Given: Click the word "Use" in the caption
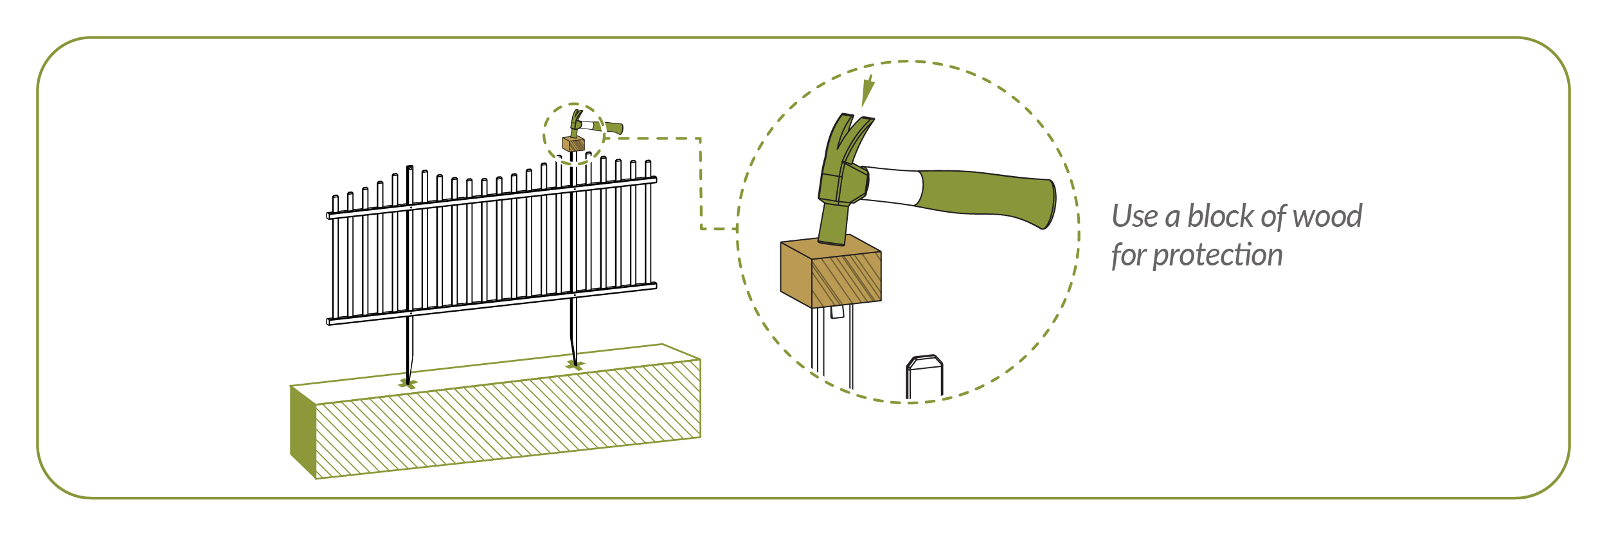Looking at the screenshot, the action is click(1135, 217).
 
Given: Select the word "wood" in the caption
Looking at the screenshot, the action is click(1327, 216).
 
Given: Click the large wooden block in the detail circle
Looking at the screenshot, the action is click(830, 271).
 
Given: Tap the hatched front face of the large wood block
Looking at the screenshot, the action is click(847, 280).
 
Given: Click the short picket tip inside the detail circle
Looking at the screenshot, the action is click(924, 377).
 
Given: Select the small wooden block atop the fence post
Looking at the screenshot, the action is click(573, 143).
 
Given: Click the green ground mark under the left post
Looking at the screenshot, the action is click(408, 384).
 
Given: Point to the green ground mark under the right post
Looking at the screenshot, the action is click(575, 366).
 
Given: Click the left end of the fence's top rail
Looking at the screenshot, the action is click(328, 215).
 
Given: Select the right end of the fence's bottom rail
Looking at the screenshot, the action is click(654, 285).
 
